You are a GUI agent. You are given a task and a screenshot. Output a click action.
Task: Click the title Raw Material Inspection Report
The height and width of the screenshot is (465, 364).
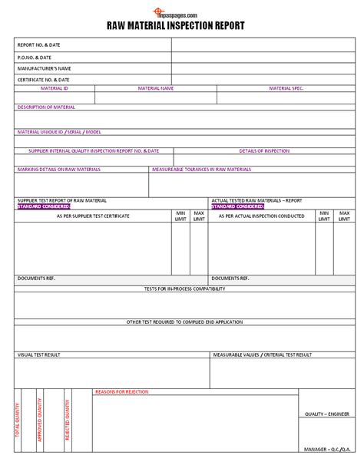182,25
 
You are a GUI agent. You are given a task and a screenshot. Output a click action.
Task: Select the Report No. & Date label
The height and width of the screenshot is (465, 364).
38,45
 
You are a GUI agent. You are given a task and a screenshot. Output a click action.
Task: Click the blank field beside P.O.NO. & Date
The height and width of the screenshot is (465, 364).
261,57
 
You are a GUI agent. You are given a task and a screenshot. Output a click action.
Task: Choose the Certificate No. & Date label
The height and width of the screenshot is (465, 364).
43,80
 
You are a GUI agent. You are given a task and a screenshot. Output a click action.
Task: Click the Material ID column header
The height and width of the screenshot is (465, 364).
55,88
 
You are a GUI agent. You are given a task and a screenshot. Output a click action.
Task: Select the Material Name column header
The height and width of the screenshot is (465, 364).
156,88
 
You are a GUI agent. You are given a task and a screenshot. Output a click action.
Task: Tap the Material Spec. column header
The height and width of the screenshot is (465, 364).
286,88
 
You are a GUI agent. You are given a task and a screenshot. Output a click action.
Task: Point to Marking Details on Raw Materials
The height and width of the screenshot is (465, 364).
59,169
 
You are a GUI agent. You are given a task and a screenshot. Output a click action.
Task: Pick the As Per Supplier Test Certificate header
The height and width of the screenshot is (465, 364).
93,216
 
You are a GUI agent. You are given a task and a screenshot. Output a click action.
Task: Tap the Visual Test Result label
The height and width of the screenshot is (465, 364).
39,355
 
